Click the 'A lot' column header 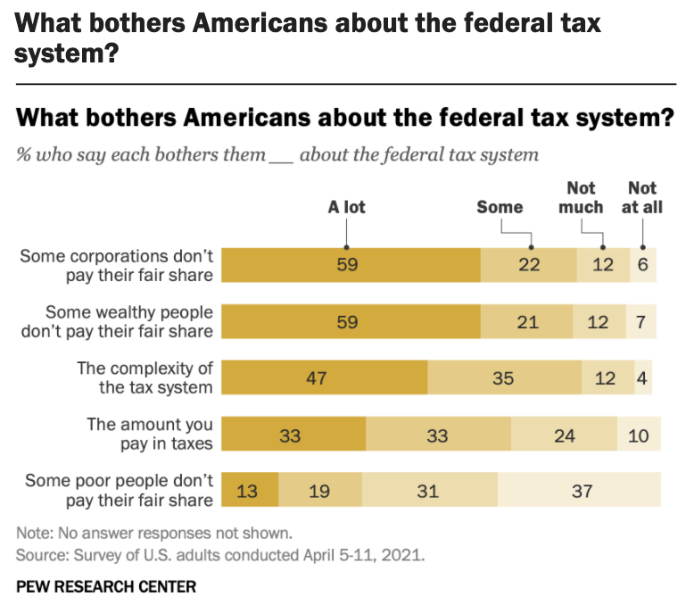[x=347, y=208]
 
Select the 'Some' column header [x=500, y=208]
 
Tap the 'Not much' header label [x=582, y=197]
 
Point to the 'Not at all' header [x=642, y=197]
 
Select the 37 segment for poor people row [x=580, y=490]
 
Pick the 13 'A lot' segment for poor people [x=250, y=490]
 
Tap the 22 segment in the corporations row [x=528, y=266]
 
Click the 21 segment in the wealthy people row [x=528, y=322]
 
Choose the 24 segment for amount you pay [x=564, y=434]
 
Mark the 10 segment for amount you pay [x=640, y=434]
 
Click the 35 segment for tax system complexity [x=504, y=377]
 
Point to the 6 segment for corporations [x=642, y=266]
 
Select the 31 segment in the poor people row [x=430, y=490]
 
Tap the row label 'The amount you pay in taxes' [x=149, y=434]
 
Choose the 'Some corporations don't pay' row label [x=117, y=266]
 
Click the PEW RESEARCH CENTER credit [x=106, y=586]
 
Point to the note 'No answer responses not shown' [x=154, y=534]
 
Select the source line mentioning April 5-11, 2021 [x=220, y=555]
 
